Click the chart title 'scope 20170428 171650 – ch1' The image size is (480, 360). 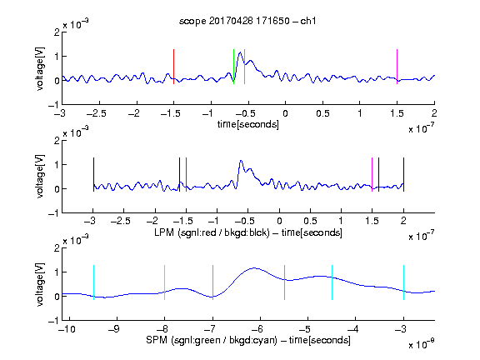[247, 21]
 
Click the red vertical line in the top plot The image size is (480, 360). [173, 67]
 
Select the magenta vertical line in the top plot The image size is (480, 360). [397, 67]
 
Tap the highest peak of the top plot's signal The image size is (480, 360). [240, 52]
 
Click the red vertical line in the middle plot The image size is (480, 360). [186, 174]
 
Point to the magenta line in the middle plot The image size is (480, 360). [372, 174]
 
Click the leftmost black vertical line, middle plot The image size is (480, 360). [93, 174]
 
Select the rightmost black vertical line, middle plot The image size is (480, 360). [404, 174]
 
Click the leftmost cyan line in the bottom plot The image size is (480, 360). [93, 282]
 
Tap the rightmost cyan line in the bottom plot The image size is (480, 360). [404, 282]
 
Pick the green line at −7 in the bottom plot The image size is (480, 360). [212, 282]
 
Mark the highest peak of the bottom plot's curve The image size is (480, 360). [255, 268]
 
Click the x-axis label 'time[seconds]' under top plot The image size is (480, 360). [248, 124]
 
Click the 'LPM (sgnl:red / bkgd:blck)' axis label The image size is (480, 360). [212, 232]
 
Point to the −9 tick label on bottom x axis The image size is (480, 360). [114, 329]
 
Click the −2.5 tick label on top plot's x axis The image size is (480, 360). [96, 113]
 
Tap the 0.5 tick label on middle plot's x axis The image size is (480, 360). [310, 221]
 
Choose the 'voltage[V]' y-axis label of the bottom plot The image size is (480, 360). [40, 284]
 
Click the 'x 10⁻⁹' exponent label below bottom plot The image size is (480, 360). [422, 344]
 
